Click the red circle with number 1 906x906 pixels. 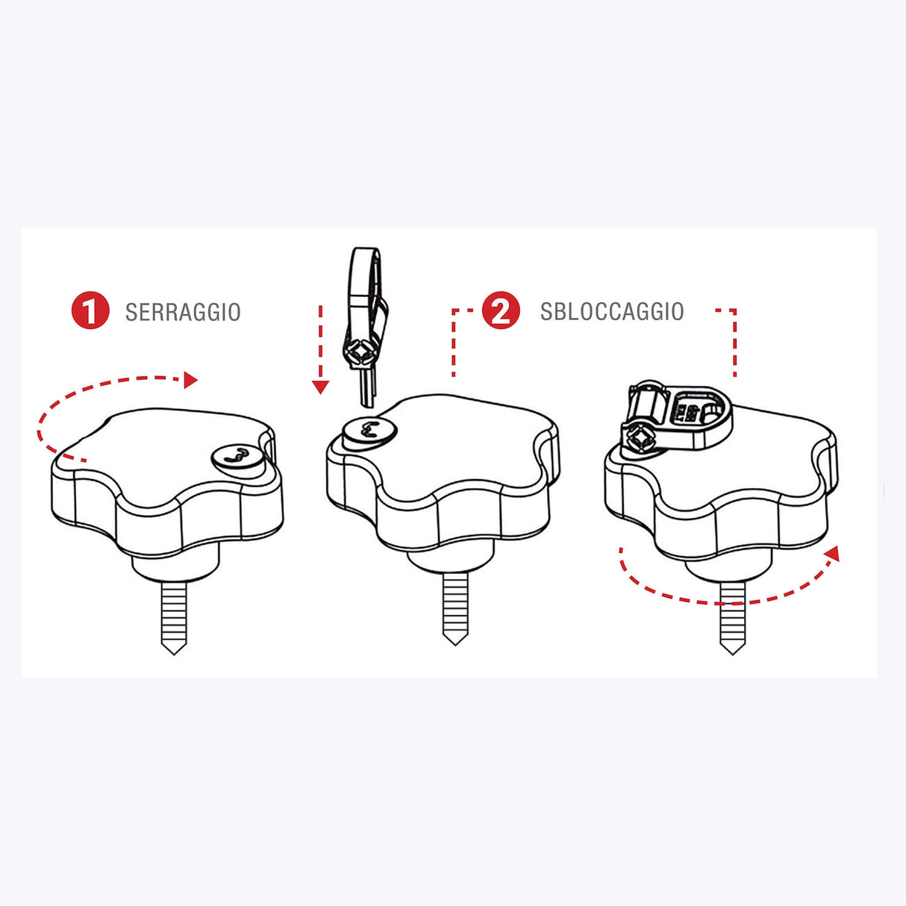coord(90,311)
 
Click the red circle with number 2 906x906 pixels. coord(501,310)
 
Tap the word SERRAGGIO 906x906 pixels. coord(183,312)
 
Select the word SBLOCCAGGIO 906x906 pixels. coord(612,311)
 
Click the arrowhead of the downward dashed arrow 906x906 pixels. coord(320,387)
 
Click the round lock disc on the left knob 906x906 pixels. coord(237,455)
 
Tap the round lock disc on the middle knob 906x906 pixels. coord(369,431)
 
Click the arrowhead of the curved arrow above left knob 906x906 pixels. coord(190,380)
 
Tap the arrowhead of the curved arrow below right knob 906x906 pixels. coord(833,554)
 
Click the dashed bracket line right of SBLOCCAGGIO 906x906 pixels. coord(734,340)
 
